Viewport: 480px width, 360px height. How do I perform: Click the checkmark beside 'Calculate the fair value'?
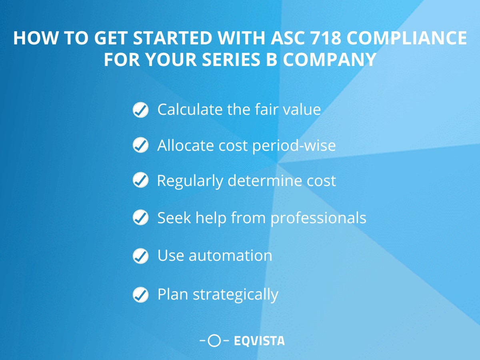[x=140, y=110]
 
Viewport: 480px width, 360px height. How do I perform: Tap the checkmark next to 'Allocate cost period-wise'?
[x=140, y=146]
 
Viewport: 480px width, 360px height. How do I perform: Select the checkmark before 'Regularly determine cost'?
[x=140, y=181]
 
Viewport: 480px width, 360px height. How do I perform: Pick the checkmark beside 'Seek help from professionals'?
[x=140, y=218]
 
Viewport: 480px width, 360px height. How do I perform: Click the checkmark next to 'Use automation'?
[x=140, y=256]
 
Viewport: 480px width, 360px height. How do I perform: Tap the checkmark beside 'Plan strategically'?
[x=140, y=295]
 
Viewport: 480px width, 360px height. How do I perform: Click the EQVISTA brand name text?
[x=259, y=341]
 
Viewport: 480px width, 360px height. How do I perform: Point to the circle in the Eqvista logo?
[x=215, y=341]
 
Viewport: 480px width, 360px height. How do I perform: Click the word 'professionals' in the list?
[x=318, y=218]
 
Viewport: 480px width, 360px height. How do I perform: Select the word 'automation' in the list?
[x=230, y=256]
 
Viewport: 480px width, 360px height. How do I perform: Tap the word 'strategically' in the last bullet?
[x=236, y=295]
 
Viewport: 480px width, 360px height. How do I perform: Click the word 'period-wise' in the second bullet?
[x=294, y=146]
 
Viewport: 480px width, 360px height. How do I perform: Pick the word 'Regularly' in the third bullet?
[x=190, y=181]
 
